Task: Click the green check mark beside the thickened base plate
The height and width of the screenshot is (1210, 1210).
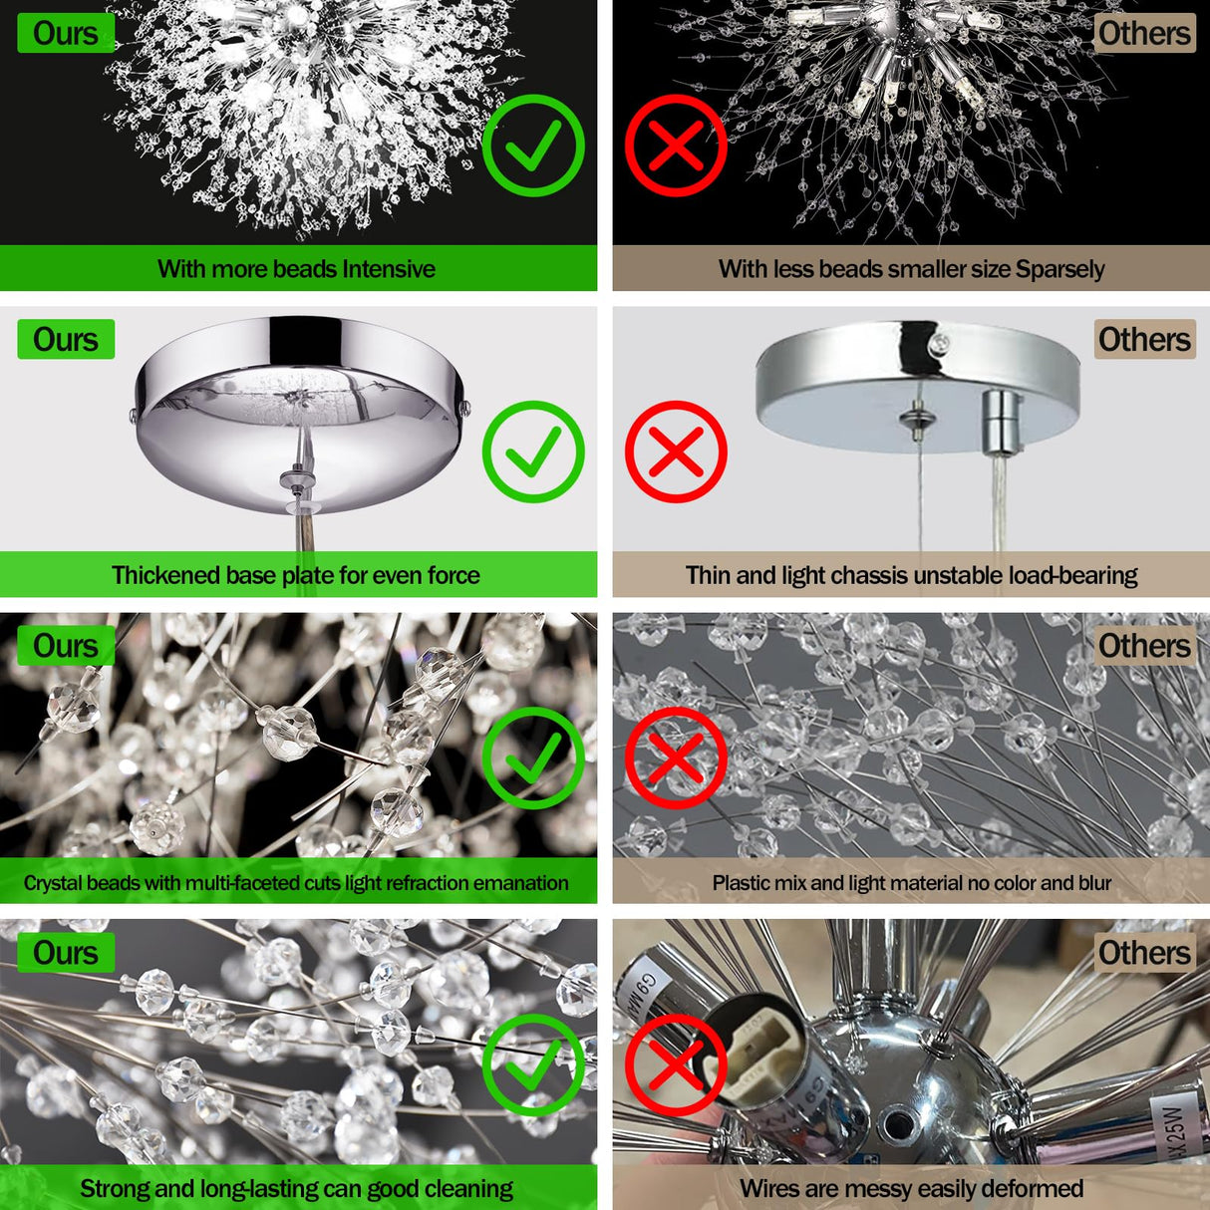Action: pos(533,452)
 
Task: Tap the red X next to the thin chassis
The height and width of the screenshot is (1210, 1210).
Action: pos(676,452)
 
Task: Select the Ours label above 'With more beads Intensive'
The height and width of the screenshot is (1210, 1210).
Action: pos(66,33)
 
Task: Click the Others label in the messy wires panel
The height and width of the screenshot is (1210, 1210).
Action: pos(1144,953)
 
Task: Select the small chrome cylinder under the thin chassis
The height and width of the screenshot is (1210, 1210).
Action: pos(1001,424)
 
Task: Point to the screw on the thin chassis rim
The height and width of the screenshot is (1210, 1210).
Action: pos(939,343)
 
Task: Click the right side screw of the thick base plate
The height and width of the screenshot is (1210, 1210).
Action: pos(465,407)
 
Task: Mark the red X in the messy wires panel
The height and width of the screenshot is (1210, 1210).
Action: pos(676,1064)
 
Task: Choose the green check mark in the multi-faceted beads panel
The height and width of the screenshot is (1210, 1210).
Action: pos(533,757)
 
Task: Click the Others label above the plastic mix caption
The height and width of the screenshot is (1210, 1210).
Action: pos(1144,646)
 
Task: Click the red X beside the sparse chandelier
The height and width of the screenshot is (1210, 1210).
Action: pos(676,146)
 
